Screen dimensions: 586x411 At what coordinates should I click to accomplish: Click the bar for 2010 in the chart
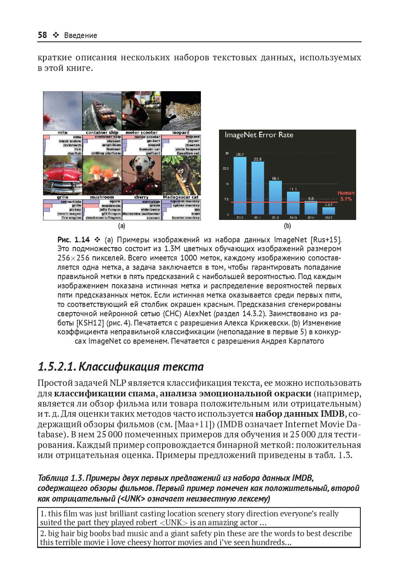pyautogui.click(x=240, y=186)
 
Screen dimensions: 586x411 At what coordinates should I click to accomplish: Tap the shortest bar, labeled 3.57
pyautogui.click(x=328, y=211)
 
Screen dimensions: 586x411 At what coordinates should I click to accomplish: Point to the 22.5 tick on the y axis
pyautogui.click(x=226, y=168)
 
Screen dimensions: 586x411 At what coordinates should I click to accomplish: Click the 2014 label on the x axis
pyautogui.click(x=311, y=217)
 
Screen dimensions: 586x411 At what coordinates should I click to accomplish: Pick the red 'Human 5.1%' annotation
pyautogui.click(x=346, y=196)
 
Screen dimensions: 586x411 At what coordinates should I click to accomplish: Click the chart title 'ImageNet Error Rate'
pyautogui.click(x=259, y=135)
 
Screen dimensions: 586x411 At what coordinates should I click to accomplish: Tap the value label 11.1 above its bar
pyautogui.click(x=293, y=189)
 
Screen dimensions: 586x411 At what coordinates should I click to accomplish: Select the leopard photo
pyautogui.click(x=181, y=111)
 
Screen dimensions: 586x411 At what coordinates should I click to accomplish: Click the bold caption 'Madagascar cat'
pyautogui.click(x=181, y=197)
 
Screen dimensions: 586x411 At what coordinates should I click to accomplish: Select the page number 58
pyautogui.click(x=42, y=35)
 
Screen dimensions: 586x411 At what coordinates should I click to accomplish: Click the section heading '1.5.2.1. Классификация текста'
pyautogui.click(x=121, y=366)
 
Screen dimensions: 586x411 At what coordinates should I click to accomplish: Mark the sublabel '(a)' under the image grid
pyautogui.click(x=122, y=226)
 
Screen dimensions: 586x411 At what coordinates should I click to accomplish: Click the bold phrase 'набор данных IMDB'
pyautogui.click(x=300, y=414)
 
